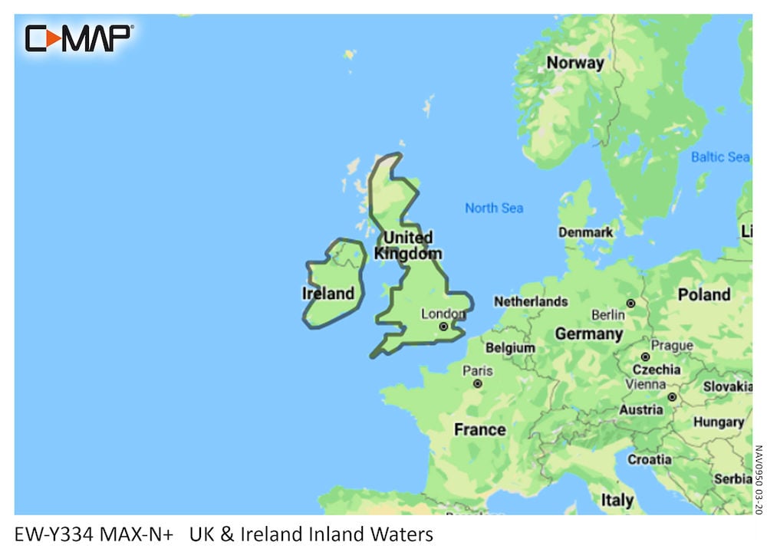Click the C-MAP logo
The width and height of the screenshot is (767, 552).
tap(79, 38)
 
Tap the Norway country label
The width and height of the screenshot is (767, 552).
tap(574, 63)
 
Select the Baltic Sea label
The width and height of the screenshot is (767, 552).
tap(719, 157)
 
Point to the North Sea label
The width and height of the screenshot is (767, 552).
tap(494, 208)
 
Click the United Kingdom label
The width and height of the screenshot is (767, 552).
tap(408, 245)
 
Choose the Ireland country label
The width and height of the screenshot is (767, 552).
tap(328, 293)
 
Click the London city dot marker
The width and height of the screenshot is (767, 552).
tap(443, 327)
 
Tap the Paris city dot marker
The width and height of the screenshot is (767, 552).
tap(477, 383)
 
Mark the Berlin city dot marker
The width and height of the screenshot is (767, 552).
tap(630, 304)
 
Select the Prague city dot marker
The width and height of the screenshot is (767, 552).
tap(645, 356)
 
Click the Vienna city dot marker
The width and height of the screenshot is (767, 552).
tap(671, 397)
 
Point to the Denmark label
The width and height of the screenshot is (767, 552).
tap(585, 232)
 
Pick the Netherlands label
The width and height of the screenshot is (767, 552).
tap(531, 301)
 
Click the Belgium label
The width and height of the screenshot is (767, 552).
tap(510, 347)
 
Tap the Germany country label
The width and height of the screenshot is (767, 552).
tap(588, 333)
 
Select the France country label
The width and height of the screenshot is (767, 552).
tap(479, 429)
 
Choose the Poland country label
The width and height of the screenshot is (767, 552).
tap(703, 294)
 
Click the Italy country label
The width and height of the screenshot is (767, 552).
tap(617, 500)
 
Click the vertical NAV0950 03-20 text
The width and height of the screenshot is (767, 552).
tap(758, 480)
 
